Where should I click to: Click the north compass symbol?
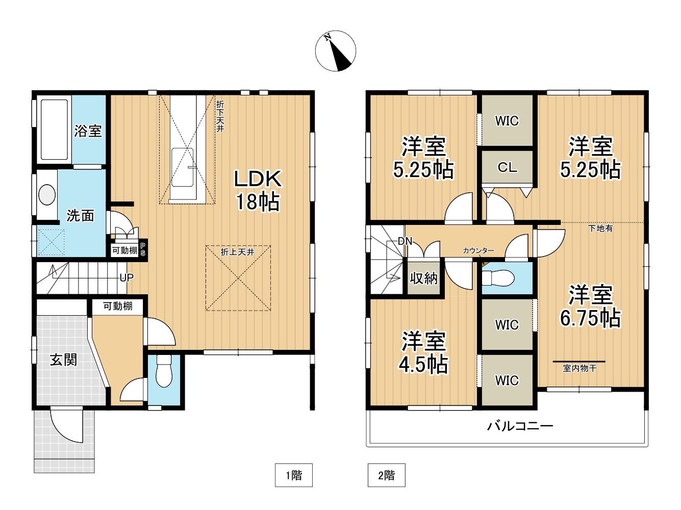click(x=335, y=51)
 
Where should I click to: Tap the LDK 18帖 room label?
click(x=258, y=190)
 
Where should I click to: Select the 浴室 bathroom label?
click(x=88, y=131)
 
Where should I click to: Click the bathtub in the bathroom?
click(x=54, y=130)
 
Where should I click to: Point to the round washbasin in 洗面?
click(x=47, y=195)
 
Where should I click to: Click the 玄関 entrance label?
click(x=63, y=360)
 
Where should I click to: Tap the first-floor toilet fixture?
click(x=164, y=371)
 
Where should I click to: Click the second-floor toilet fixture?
click(x=497, y=277)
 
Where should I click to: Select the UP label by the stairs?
click(x=127, y=277)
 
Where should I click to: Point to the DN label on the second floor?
click(x=405, y=241)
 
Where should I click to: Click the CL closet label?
click(x=507, y=167)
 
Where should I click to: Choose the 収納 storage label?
click(x=423, y=278)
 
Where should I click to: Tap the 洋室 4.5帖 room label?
click(x=423, y=352)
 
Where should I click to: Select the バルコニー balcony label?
click(x=520, y=426)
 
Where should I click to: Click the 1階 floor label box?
click(x=293, y=475)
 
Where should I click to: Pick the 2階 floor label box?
click(x=387, y=475)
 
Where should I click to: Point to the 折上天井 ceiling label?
click(x=238, y=252)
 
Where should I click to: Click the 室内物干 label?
click(x=579, y=368)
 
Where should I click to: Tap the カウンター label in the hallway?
click(x=478, y=250)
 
